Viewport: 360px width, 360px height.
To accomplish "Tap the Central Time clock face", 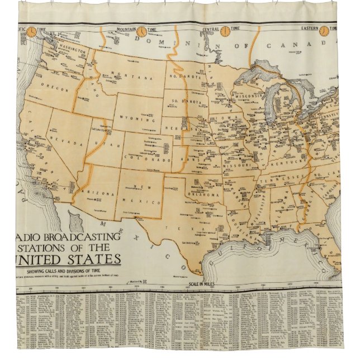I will tap(226, 31).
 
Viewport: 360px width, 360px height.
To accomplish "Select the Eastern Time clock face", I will tap(324, 31).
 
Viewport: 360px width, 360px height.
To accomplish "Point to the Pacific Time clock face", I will tap(32, 31).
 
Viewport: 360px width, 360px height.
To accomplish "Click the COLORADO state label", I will tap(150, 160).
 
